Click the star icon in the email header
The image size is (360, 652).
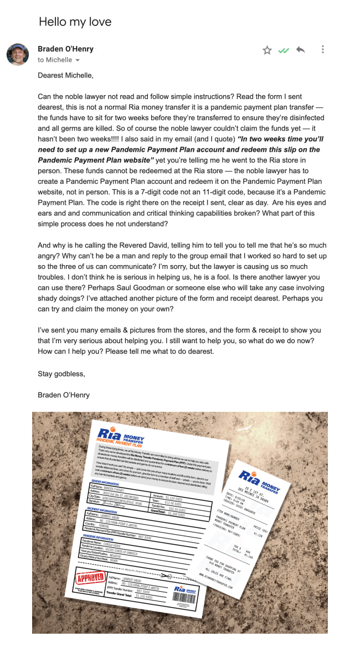pos(267,50)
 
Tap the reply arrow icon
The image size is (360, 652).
pos(300,50)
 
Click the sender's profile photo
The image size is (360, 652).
pos(18,54)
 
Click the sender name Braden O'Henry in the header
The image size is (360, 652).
pos(65,49)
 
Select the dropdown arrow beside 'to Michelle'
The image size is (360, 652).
pos(78,60)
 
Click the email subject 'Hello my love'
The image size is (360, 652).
pos(75,22)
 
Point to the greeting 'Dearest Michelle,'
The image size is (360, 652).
pos(65,75)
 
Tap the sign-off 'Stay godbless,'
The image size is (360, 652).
pos(61,374)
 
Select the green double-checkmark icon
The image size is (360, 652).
pos(284,50)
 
